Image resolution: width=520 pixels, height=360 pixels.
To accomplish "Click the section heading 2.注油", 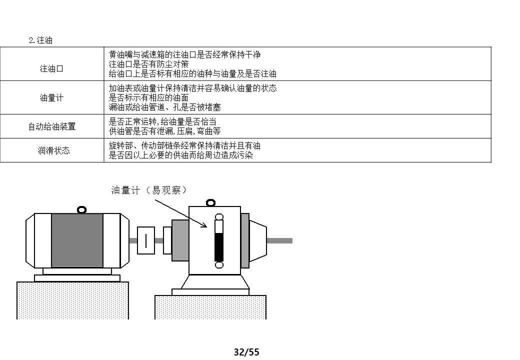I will tap(40, 40).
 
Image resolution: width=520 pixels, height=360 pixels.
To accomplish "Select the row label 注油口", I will tap(51, 69).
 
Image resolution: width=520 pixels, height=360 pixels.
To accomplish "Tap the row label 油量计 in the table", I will tap(51, 98).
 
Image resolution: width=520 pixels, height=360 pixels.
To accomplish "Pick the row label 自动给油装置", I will tap(51, 126).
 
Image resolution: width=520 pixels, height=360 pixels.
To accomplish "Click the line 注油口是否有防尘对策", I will tap(149, 64).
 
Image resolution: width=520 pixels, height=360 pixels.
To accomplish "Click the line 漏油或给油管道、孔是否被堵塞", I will tap(165, 107).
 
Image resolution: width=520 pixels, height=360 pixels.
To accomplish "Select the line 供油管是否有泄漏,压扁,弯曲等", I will tap(165, 131).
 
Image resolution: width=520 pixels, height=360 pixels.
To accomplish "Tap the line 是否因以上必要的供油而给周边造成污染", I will tap(181, 155).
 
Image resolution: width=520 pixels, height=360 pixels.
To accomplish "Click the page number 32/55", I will tap(247, 352).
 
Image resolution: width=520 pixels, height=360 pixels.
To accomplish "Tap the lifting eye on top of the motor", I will tap(81, 209).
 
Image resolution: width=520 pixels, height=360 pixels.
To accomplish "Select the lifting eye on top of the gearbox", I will tap(210, 202).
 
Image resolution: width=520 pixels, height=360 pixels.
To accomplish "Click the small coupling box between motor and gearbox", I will tap(146, 240).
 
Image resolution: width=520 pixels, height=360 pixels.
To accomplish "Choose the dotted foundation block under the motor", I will tap(72, 300).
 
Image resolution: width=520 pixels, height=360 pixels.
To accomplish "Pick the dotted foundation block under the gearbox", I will tap(210, 307).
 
